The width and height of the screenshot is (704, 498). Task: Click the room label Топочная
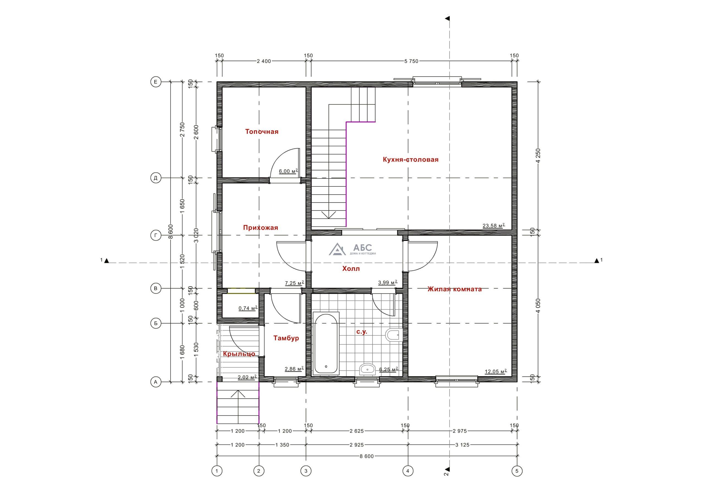[262, 132]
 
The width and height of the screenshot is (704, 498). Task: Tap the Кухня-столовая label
[411, 159]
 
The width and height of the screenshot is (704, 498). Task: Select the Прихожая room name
[261, 227]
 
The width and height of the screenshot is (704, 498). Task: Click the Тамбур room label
[286, 338]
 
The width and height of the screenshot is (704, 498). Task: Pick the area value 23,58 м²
[494, 226]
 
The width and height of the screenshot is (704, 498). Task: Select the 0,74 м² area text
[248, 308]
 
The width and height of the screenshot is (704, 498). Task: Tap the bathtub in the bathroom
[326, 343]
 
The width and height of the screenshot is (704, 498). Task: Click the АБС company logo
[352, 249]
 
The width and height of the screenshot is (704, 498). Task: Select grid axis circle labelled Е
[156, 82]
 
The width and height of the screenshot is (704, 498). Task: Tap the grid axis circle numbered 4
[408, 471]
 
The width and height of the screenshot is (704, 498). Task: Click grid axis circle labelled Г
[156, 235]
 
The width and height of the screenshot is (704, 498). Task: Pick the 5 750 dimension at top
[411, 61]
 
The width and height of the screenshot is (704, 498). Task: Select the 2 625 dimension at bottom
[357, 431]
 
